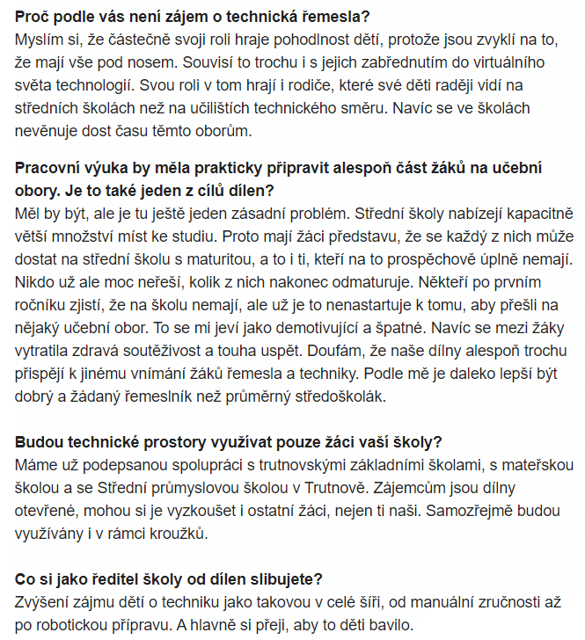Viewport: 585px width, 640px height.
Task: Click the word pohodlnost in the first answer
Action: pos(301,40)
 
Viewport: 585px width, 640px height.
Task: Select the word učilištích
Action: pos(268,109)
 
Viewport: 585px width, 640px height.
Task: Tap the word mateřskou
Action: pos(541,464)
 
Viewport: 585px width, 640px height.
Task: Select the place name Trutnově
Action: pos(326,487)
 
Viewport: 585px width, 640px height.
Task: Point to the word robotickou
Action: pos(87,625)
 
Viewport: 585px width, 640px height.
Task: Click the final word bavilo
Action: pos(391,625)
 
